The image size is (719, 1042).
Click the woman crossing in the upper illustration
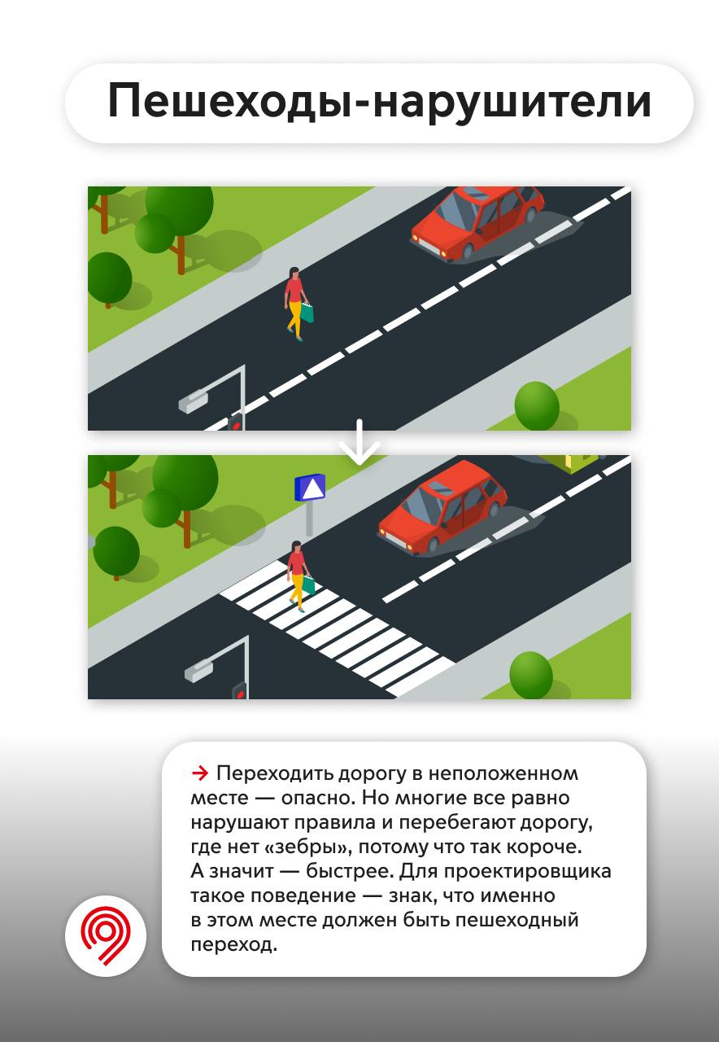pos(297,304)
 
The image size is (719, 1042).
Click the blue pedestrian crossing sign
pos(310,488)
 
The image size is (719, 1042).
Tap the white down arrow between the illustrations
pos(359,442)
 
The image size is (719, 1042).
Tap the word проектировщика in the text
pos(527,871)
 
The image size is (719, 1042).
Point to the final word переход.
pos(233,944)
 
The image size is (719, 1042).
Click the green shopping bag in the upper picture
pos(307,312)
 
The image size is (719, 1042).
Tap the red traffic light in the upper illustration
pos(236,422)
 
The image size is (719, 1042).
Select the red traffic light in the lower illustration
pos(240,690)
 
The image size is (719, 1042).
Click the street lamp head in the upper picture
pos(193,402)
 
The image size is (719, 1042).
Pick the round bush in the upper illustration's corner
pos(537,406)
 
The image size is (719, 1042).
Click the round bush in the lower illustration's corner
pos(531,675)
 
